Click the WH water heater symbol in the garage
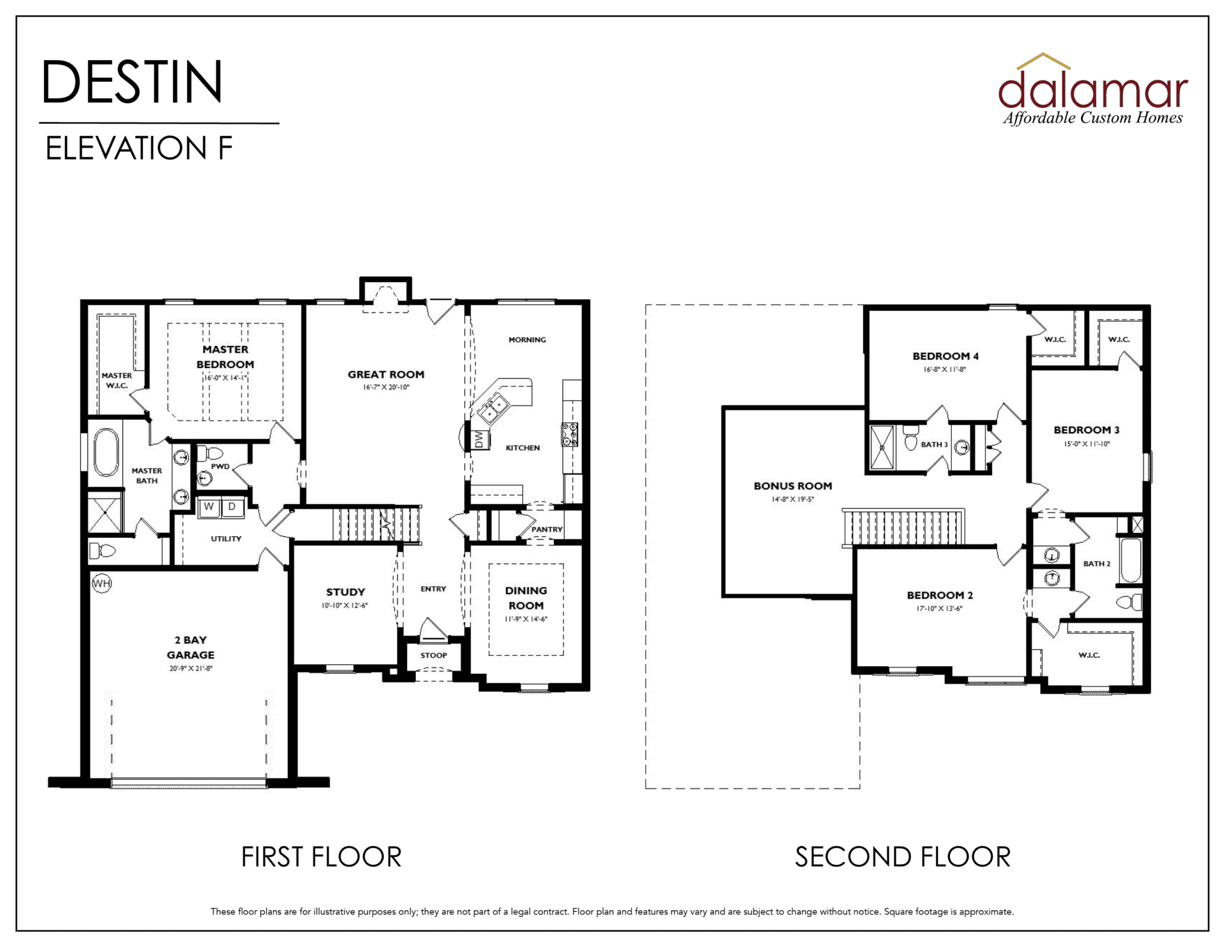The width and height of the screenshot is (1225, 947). pos(101,583)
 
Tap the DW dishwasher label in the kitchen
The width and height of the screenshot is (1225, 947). pos(479,440)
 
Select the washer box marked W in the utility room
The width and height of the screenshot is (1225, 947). pos(209,507)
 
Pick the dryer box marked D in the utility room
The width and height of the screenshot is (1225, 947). pos(232,507)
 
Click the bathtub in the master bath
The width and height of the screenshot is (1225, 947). pos(106,452)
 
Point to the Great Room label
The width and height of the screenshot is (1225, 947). pos(386,375)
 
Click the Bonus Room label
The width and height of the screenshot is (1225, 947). pos(793,486)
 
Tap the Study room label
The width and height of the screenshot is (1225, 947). pos(346,592)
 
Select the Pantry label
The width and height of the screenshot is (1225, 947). pos(547,530)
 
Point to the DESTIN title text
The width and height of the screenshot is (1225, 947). pos(133,82)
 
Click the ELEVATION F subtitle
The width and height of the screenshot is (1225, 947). pos(139,148)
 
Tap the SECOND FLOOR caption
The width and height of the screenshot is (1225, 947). pos(903,857)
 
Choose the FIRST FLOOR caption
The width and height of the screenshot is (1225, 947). pos(322,857)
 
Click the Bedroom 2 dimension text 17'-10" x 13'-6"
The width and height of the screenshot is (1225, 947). pos(940,609)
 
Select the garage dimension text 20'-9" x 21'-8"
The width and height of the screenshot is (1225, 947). pos(191,669)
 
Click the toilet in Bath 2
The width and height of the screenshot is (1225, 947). pos(1129,602)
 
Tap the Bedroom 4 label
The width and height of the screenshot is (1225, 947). pos(946,356)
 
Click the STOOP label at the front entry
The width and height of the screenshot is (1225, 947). pos(434,655)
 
